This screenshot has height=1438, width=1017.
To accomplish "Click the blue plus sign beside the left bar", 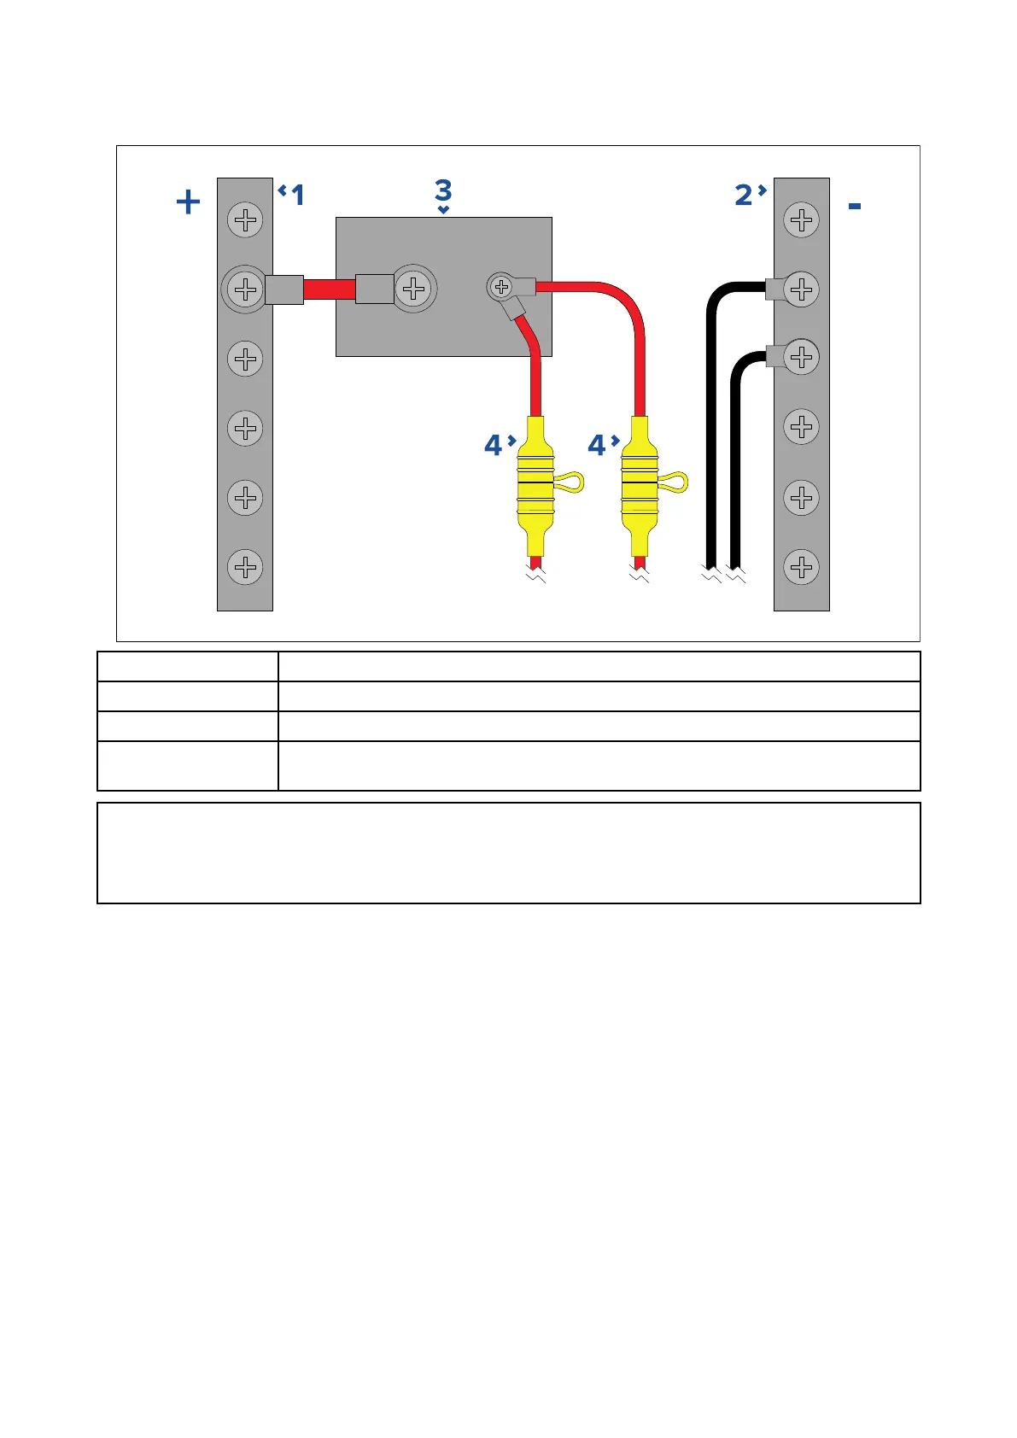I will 188,202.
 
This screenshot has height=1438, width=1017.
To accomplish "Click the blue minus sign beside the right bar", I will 855,207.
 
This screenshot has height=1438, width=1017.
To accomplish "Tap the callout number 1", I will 297,196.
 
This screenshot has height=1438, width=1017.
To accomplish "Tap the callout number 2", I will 744,196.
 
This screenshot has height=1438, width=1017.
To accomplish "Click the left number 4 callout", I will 493,445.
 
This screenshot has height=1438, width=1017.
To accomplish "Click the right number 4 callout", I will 596,445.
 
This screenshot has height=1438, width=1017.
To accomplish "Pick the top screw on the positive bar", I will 245,220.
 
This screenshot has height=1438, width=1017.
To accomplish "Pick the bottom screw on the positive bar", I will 245,567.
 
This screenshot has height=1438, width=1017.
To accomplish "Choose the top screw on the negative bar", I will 801,220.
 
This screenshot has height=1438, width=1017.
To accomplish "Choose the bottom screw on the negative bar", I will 801,567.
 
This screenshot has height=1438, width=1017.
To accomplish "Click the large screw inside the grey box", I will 414,289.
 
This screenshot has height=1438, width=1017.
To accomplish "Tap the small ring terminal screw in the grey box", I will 502,287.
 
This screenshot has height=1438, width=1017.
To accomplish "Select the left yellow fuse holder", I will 535,484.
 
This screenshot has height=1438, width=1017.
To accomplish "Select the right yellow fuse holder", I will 639,484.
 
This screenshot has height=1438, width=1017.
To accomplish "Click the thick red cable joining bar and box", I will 329,289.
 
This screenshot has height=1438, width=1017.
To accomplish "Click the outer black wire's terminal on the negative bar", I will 775,289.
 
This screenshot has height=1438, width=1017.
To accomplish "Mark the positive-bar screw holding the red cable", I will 245,289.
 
